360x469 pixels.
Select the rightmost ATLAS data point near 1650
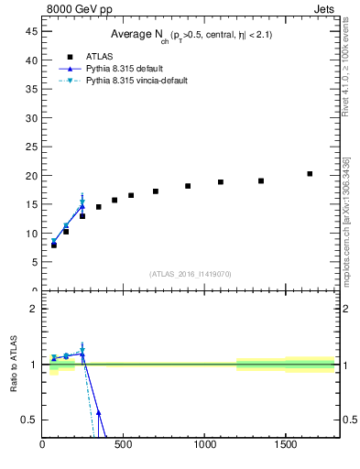click(x=310, y=174)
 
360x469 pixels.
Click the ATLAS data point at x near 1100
click(x=221, y=182)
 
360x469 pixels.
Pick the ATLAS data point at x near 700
click(x=156, y=191)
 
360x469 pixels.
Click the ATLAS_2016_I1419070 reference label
click(x=191, y=273)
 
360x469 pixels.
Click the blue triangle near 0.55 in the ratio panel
click(x=98, y=413)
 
